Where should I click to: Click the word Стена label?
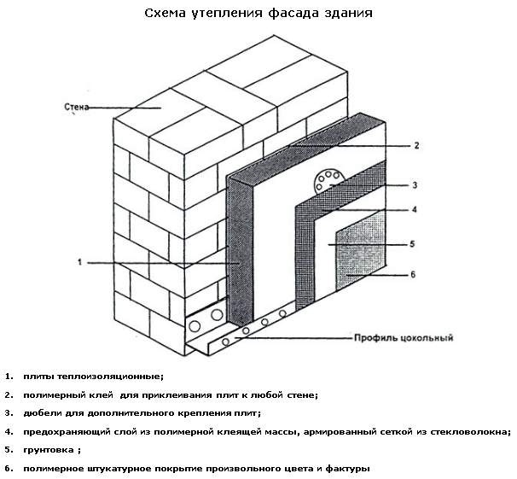pyautogui.click(x=77, y=107)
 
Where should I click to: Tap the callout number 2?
pyautogui.click(x=416, y=145)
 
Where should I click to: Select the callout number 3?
pyautogui.click(x=415, y=185)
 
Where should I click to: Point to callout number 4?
pyautogui.click(x=415, y=209)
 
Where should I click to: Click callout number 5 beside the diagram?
pyautogui.click(x=412, y=244)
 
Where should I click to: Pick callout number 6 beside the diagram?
pyautogui.click(x=413, y=274)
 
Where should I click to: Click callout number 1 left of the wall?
pyautogui.click(x=79, y=262)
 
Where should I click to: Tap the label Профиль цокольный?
pyautogui.click(x=404, y=338)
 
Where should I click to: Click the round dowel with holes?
pyautogui.click(x=328, y=181)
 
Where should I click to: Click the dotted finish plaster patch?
pyautogui.click(x=361, y=251)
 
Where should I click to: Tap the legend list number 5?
pyautogui.click(x=9, y=450)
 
